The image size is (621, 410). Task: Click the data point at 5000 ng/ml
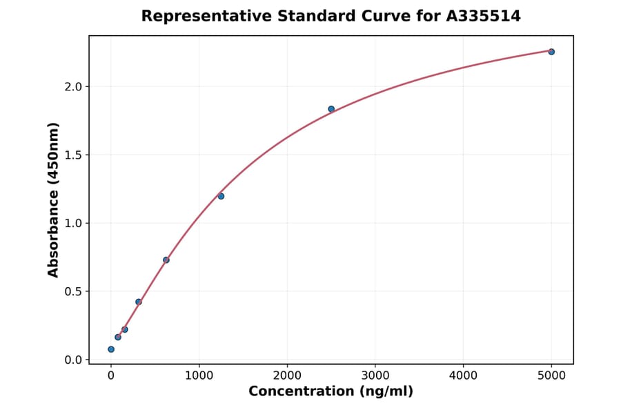pos(551,52)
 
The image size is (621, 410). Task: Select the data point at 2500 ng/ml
pos(331,109)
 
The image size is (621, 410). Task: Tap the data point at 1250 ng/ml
pos(221,196)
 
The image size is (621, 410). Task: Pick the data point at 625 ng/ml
pos(166,260)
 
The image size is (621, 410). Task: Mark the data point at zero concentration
pos(111,349)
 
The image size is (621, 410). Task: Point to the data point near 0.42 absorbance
pos(139,302)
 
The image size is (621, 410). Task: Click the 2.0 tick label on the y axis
pos(73,87)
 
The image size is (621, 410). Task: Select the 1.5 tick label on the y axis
pos(73,155)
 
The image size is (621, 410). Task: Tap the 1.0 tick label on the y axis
pos(73,224)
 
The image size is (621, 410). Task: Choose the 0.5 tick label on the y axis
pos(73,292)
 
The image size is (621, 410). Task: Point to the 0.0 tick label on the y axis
pos(73,360)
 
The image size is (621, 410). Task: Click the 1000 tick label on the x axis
pos(199,375)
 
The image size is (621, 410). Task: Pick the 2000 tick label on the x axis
pos(287,375)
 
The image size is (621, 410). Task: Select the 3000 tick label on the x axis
pos(375,375)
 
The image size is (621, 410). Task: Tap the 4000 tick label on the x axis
pos(463,375)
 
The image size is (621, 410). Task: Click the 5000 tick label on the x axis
pos(551,375)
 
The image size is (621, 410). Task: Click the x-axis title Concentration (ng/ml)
pos(331,392)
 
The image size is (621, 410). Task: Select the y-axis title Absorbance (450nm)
pos(54,199)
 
